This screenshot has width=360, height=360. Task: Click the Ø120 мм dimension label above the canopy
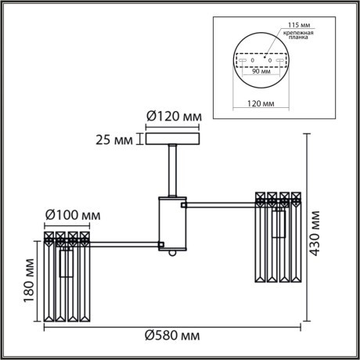pyautogui.click(x=174, y=117)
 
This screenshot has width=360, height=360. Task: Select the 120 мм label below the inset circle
pyautogui.click(x=261, y=102)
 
